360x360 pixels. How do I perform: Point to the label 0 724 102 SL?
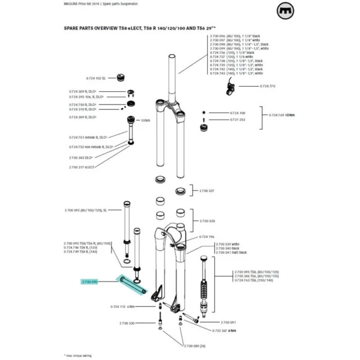pyautogui.click(x=96, y=78)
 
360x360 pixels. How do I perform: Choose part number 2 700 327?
pyautogui.click(x=207, y=190)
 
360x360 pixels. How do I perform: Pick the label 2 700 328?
pyautogui.click(x=207, y=222)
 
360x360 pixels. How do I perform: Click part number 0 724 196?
pyautogui.click(x=207, y=237)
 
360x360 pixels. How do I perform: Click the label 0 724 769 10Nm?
pyautogui.click(x=282, y=116)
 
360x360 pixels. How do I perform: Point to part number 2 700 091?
pyautogui.click(x=228, y=322)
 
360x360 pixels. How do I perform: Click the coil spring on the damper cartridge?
pyautogui.click(x=203, y=289)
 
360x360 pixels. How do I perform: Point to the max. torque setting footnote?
pyautogui.click(x=78, y=355)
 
